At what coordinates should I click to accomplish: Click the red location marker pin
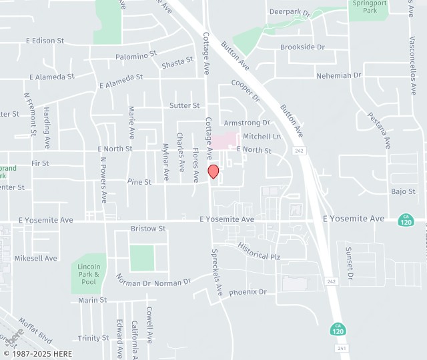[213, 171]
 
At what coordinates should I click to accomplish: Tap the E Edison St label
[45, 41]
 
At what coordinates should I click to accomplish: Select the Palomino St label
[135, 55]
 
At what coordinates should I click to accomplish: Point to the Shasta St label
[177, 63]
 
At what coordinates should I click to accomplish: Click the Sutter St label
[184, 105]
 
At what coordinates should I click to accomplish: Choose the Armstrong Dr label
[246, 123]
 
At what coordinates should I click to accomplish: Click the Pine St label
[139, 181]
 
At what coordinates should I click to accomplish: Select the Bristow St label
[148, 229]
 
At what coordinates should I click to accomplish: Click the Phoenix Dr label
[248, 292]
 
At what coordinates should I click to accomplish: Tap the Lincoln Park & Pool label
[87, 273]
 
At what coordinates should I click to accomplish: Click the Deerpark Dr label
[290, 12]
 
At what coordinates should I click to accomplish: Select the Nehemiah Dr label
[338, 75]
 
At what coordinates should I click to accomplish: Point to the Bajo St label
[403, 192]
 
